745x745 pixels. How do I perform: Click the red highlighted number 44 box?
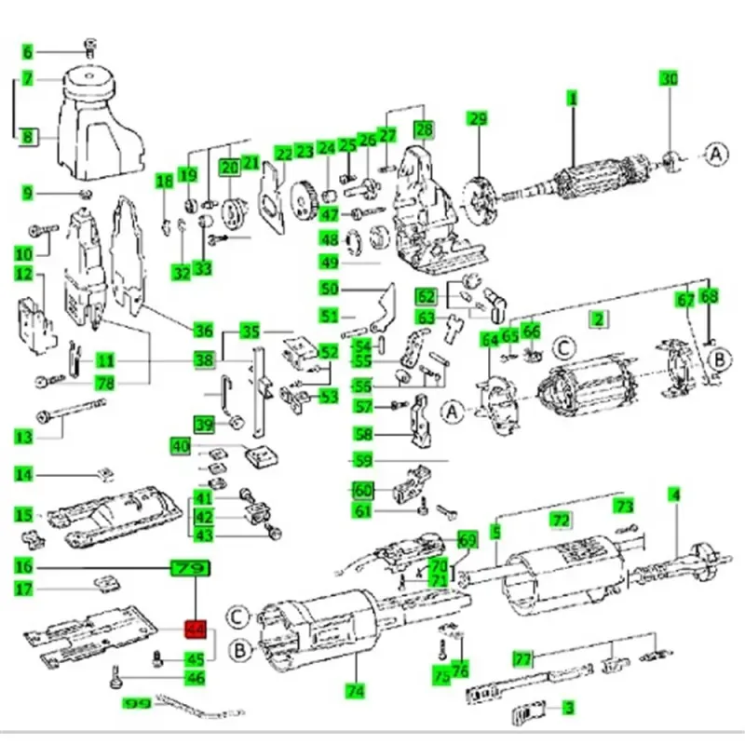(196, 631)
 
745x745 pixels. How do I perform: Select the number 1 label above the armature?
(574, 98)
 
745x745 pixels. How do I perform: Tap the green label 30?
(670, 79)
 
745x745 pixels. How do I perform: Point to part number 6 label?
(27, 52)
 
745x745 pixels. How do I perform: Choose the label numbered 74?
(354, 691)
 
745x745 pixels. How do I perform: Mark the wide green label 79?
(190, 567)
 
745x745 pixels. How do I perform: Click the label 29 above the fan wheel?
(478, 118)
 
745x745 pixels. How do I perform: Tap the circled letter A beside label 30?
(714, 153)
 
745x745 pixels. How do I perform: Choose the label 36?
(203, 330)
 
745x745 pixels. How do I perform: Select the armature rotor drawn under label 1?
(596, 179)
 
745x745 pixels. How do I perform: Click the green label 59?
(361, 460)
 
